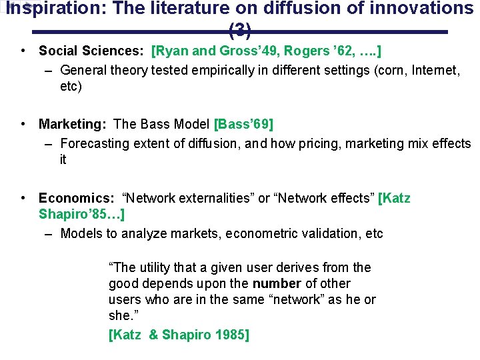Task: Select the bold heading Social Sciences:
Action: click(93, 51)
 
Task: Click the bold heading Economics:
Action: click(77, 198)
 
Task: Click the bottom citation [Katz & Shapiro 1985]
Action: click(178, 335)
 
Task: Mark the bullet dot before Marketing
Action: click(23, 124)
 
